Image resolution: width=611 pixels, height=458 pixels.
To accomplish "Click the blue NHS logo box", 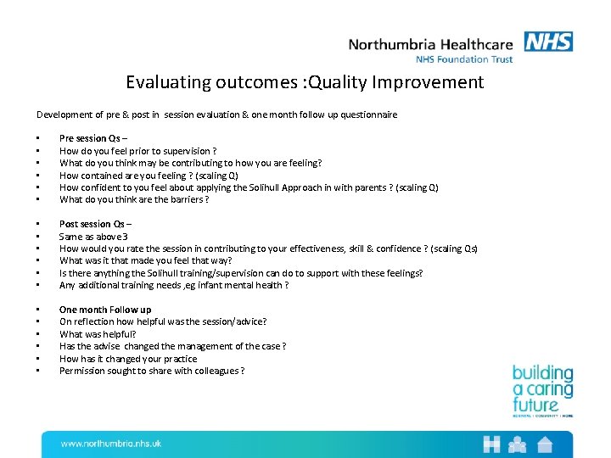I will [x=548, y=42].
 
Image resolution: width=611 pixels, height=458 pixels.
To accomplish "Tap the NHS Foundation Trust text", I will [x=464, y=59].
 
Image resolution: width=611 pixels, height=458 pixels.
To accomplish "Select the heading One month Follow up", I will [x=105, y=310].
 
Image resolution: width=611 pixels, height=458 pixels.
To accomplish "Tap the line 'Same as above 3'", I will [x=93, y=237].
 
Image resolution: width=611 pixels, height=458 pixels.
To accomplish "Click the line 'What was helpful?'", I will [x=98, y=334].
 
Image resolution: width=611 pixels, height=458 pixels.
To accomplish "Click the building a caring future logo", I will [x=542, y=391].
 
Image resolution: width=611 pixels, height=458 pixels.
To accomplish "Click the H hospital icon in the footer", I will [x=491, y=444].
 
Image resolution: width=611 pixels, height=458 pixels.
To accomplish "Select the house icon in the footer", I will [x=544, y=444].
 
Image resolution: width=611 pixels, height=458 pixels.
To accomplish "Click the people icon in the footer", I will [x=518, y=444].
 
